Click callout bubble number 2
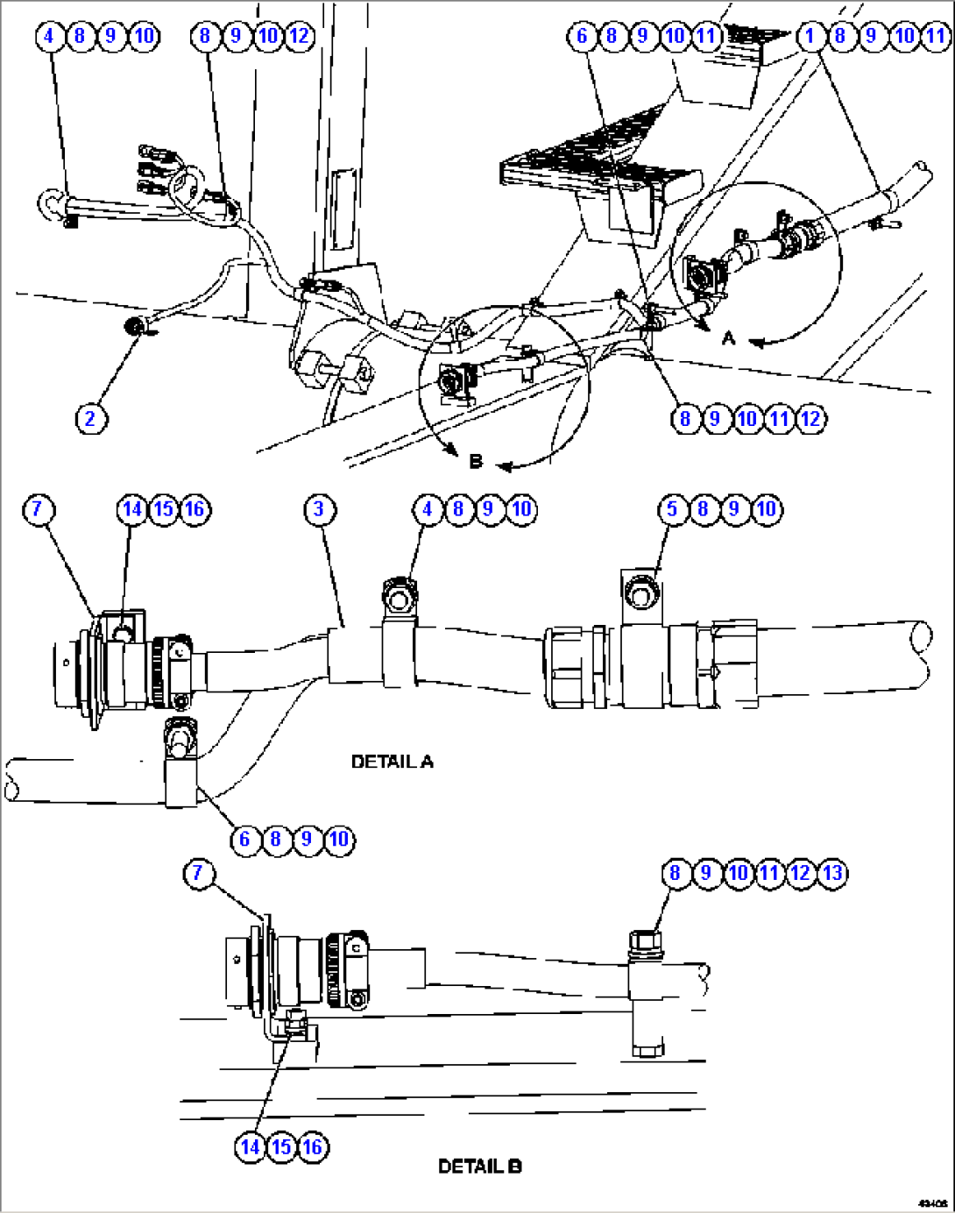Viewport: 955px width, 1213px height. [89, 419]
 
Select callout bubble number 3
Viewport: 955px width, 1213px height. [319, 509]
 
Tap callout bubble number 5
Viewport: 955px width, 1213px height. [673, 509]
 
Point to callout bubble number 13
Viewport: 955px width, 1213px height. [831, 873]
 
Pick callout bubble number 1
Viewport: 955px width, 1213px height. [810, 36]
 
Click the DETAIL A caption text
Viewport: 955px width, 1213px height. [392, 762]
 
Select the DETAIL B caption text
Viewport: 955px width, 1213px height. [479, 1167]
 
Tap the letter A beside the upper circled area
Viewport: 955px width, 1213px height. [728, 337]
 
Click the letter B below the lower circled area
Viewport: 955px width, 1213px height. [476, 461]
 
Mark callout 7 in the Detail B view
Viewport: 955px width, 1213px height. [198, 873]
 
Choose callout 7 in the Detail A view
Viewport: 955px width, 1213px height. [37, 509]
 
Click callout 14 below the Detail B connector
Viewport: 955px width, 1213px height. [251, 1147]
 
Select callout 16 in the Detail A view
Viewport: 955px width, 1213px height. [195, 509]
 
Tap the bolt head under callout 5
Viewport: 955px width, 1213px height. [641, 594]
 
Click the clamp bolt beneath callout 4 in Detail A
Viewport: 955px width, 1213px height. [399, 599]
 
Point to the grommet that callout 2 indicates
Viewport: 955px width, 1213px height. [135, 327]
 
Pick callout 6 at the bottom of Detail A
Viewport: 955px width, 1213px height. [244, 840]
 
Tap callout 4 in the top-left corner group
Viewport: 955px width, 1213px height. [49, 36]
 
